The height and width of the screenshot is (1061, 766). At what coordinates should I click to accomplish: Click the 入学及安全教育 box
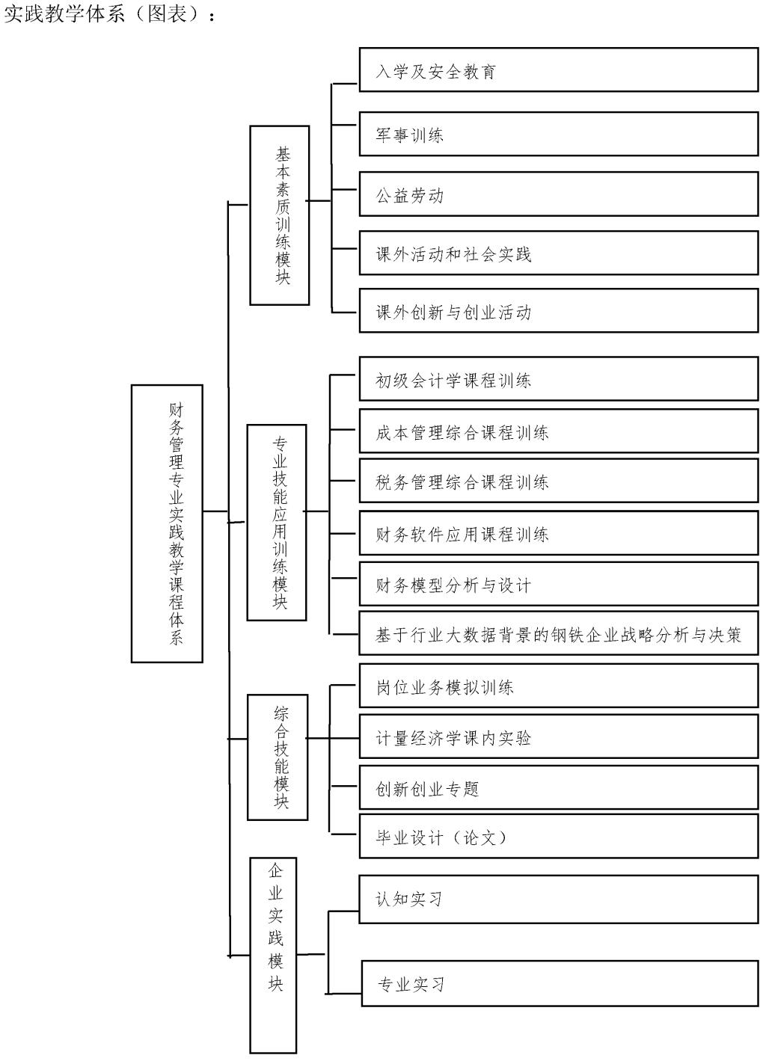558,70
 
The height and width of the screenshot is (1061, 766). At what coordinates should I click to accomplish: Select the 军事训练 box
558,134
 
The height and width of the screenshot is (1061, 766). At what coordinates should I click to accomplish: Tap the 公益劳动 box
558,194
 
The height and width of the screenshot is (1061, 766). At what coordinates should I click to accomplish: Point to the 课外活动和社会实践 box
558,253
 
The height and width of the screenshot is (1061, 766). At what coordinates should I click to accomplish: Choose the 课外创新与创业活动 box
558,311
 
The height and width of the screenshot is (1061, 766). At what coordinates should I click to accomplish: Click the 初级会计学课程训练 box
558,379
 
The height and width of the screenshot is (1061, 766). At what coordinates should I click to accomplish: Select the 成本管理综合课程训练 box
558,431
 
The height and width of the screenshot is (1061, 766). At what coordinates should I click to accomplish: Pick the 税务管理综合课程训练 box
558,481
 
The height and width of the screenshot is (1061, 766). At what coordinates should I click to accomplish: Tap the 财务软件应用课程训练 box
558,533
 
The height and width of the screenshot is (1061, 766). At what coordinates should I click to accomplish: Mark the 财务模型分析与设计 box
558,584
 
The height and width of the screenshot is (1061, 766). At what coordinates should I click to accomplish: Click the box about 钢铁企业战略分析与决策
558,634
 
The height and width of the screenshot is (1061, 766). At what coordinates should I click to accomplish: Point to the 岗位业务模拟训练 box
558,686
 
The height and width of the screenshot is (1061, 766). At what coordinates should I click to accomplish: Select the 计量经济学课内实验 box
558,737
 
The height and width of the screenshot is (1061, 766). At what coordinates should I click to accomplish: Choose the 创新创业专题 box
558,787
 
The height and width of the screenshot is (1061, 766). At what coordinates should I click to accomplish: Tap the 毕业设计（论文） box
558,836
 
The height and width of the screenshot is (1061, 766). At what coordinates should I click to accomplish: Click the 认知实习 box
558,898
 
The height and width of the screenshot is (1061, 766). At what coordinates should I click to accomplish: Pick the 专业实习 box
560,983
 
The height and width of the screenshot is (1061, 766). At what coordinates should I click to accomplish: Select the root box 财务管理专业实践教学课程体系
167,523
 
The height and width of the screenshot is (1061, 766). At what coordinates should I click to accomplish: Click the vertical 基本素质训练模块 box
279,215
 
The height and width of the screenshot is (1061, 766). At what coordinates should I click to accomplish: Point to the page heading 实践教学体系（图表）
109,13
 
